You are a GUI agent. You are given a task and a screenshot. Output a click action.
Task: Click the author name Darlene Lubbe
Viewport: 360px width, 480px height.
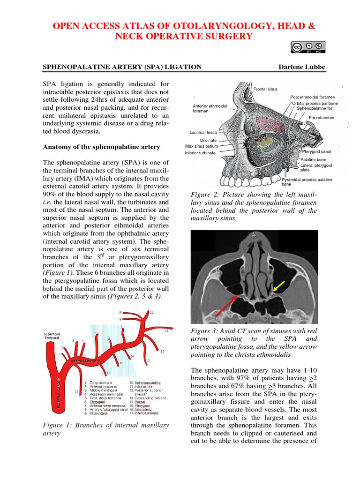click(301, 67)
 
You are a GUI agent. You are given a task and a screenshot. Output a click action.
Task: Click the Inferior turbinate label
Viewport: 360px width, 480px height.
click(200, 153)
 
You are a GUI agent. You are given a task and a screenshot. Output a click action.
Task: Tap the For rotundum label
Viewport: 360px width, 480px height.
click(322, 118)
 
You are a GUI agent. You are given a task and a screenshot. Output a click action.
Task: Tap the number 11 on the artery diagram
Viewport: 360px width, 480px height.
click(166, 331)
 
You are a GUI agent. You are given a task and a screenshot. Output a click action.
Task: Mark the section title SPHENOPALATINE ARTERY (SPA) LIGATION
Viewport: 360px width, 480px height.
click(122, 67)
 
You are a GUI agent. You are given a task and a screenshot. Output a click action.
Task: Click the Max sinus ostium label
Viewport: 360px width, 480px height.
click(201, 146)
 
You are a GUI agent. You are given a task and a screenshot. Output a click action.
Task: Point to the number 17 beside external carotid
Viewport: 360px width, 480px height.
click(76, 391)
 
